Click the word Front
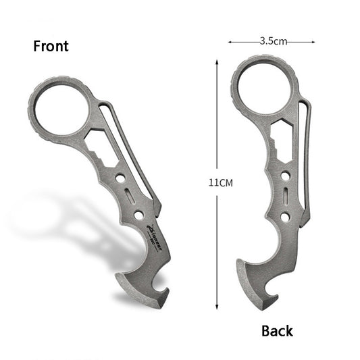(51, 47)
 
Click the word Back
(277, 330)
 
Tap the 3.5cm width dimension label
(272, 41)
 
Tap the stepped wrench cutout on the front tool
(100, 143)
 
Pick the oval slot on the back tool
(286, 197)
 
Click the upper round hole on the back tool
(286, 176)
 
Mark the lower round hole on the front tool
(138, 215)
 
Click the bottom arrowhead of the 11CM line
(217, 305)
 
